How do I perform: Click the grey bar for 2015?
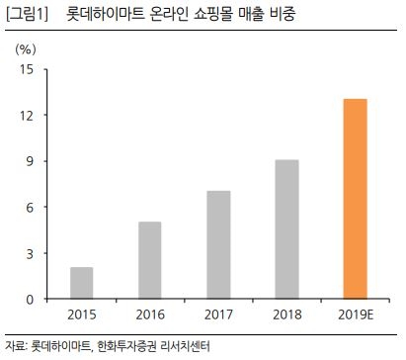81,283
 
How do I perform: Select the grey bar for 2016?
149,260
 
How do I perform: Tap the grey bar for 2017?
218,244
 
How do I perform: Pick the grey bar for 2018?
286,229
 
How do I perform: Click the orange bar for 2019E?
355,199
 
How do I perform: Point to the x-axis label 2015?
81,315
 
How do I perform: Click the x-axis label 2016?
149,315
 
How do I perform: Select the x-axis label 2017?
218,315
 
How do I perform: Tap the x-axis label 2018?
286,315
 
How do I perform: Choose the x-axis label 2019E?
355,315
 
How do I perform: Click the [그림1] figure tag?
27,14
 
